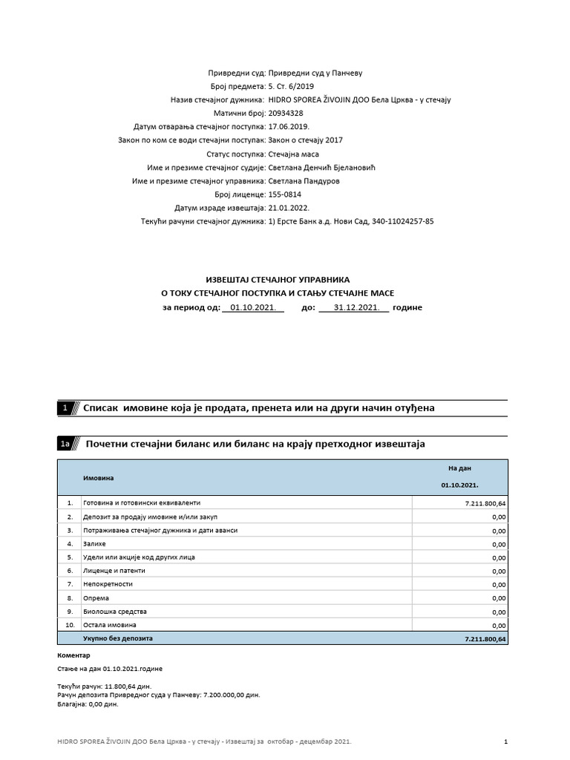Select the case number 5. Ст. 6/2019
point(295,86)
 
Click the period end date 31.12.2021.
point(353,307)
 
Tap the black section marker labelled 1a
point(65,444)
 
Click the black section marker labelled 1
point(65,408)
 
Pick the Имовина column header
point(97,478)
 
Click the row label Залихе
point(95,543)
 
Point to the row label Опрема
point(96,597)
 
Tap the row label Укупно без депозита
point(117,638)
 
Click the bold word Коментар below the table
point(73,655)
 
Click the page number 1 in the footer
point(505,741)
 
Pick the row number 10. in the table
point(70,624)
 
